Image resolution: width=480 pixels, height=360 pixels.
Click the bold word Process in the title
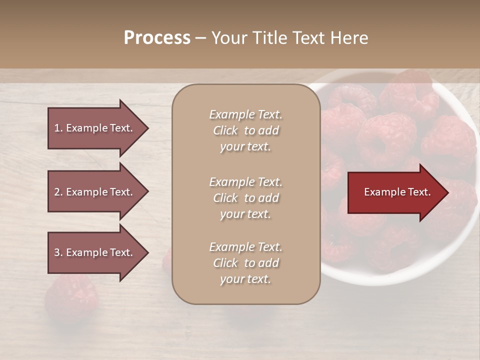(157, 38)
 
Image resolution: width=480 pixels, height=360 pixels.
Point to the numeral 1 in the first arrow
(57, 128)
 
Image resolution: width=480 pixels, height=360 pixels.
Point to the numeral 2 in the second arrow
(57, 192)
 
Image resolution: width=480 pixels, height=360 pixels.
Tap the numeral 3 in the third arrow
(57, 252)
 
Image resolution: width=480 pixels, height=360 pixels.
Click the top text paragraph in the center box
(245, 130)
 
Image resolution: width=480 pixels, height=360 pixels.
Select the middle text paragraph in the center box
(245, 198)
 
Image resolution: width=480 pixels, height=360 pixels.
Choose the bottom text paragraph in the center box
(245, 263)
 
